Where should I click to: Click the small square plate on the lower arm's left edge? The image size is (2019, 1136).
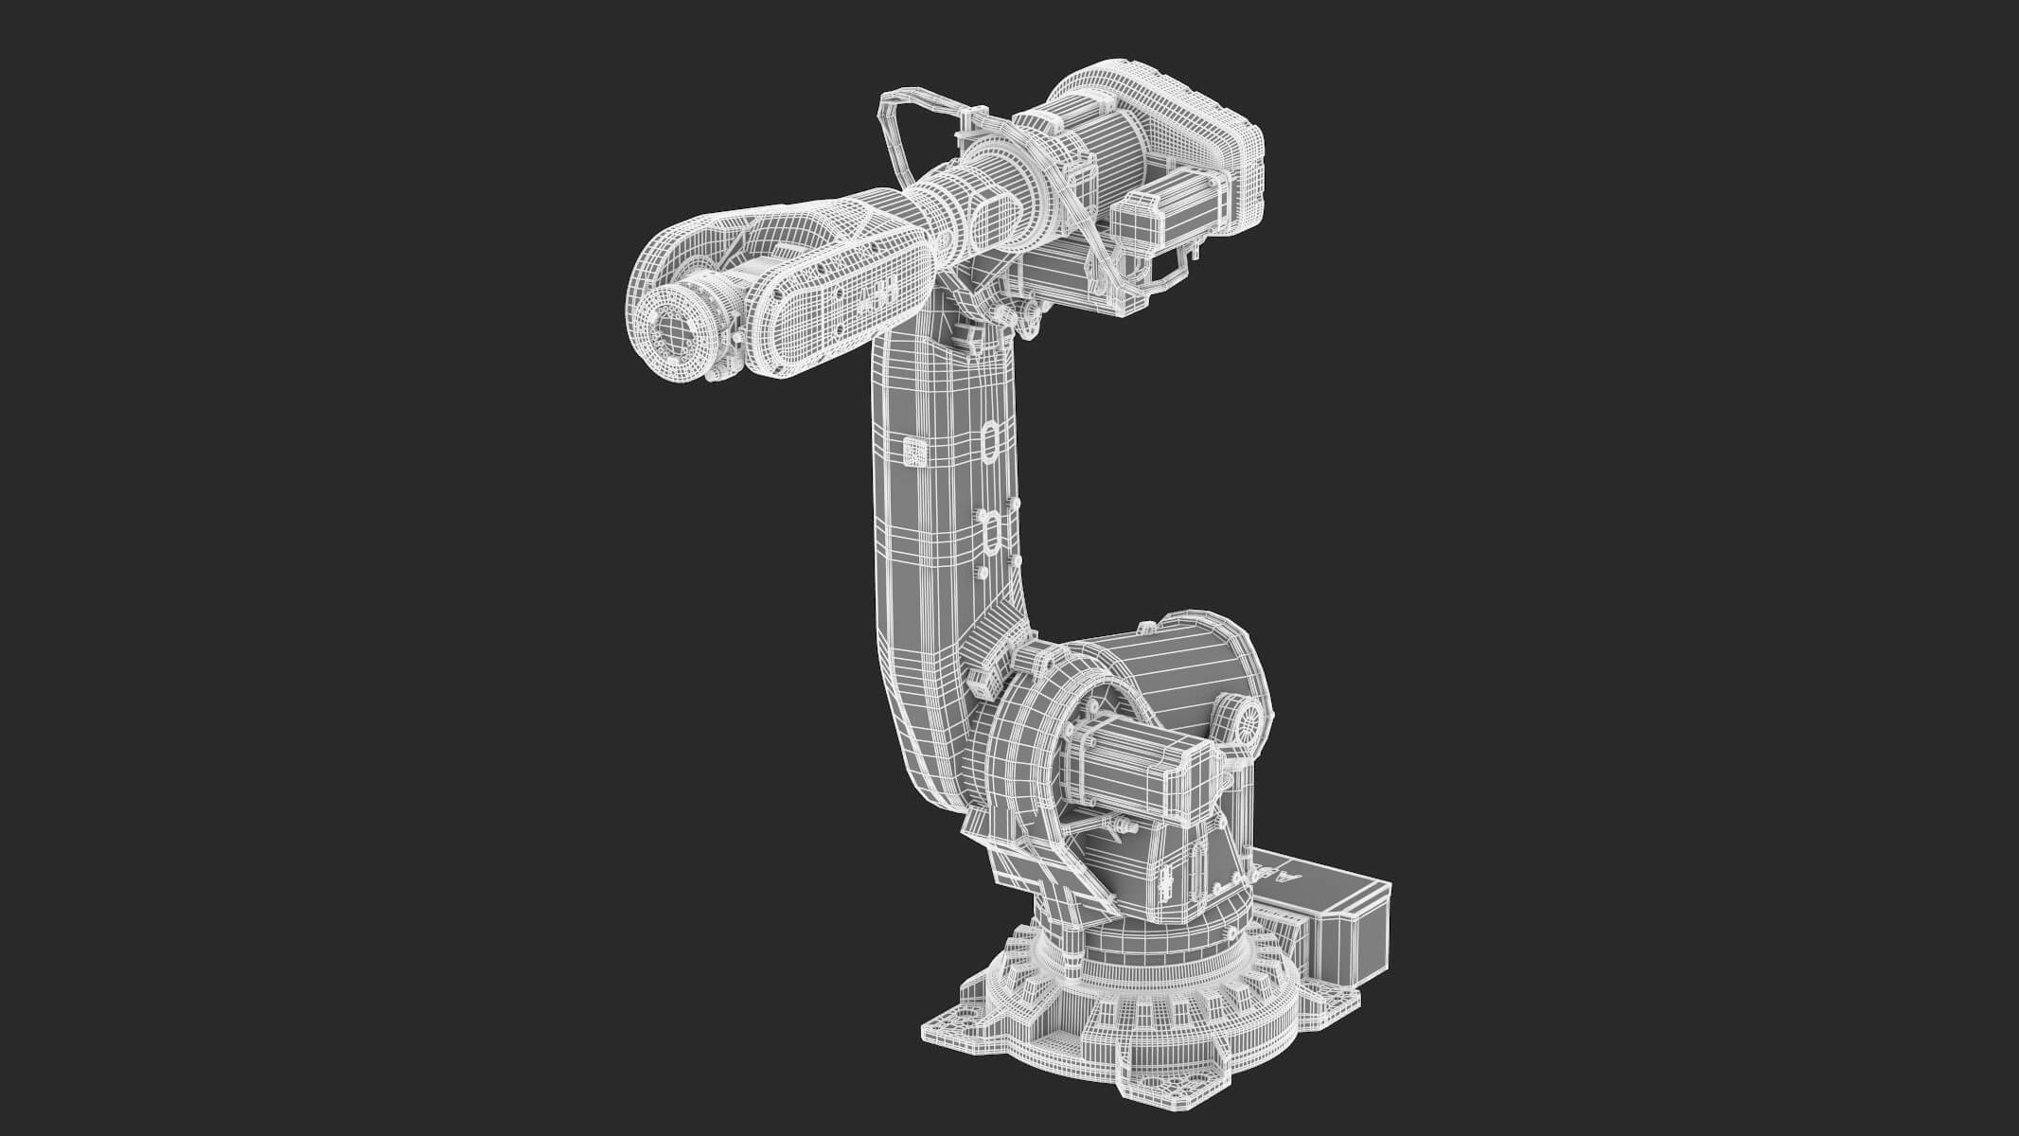pyautogui.click(x=913, y=453)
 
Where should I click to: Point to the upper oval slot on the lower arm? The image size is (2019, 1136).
pyautogui.click(x=990, y=440)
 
